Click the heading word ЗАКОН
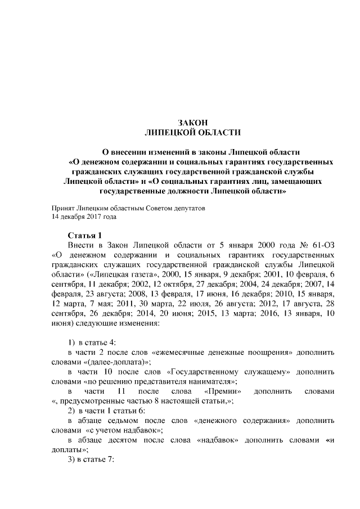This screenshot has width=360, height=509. coord(193,123)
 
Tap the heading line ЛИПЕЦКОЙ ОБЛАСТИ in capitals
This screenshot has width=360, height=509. coord(193,132)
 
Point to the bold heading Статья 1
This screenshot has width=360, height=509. coord(84,235)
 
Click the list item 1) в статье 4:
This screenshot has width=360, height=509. coord(92,343)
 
